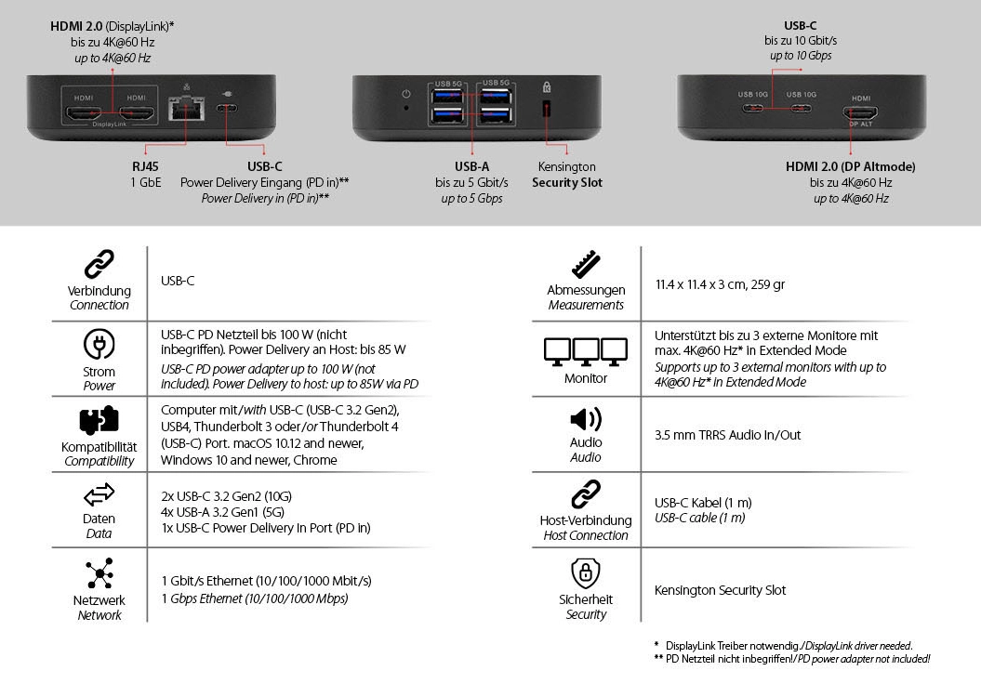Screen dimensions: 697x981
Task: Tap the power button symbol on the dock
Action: (x=405, y=94)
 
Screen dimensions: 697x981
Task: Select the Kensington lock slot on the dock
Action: (x=546, y=110)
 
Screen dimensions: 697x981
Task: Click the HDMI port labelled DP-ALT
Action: (x=861, y=112)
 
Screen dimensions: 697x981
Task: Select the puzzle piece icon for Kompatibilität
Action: (x=99, y=422)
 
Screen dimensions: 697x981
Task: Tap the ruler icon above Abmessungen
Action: (x=586, y=265)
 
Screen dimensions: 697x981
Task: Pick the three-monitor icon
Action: (x=586, y=350)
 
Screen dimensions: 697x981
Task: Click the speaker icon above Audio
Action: (x=586, y=419)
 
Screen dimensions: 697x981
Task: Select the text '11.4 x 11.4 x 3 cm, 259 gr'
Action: (x=720, y=284)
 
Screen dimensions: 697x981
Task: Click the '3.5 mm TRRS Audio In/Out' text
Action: (x=727, y=435)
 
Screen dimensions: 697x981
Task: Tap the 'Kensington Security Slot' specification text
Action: (x=720, y=590)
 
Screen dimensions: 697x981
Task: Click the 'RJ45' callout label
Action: (x=145, y=166)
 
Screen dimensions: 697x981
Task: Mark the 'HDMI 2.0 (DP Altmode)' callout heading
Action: (x=850, y=166)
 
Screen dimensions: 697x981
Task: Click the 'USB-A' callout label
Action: (x=471, y=166)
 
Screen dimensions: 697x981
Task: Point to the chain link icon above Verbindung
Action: (x=99, y=265)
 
